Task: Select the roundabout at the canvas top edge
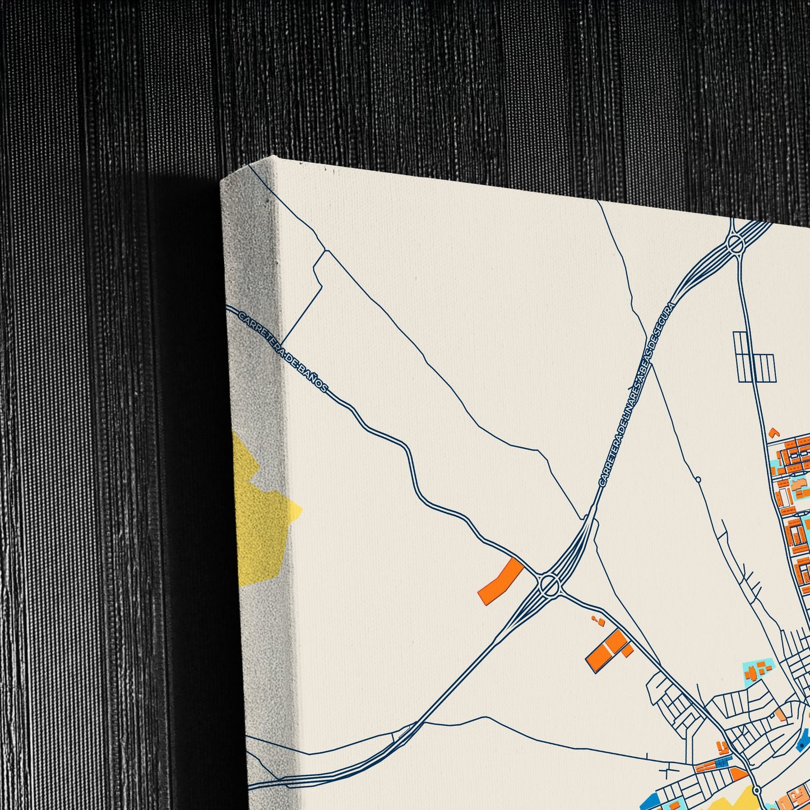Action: point(734,244)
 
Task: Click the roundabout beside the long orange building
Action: point(549,585)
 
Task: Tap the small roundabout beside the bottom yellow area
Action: point(757,790)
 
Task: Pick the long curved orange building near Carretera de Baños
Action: point(501,581)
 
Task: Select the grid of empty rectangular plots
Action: point(754,359)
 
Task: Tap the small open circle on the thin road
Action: point(698,479)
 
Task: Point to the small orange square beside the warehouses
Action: point(628,650)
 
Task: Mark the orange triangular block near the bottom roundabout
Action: point(739,774)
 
